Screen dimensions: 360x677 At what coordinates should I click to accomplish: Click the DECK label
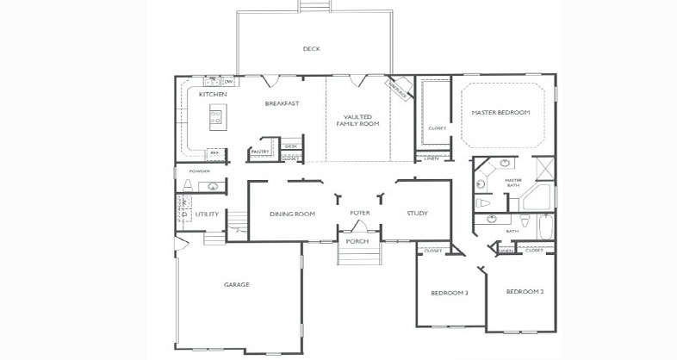click(311, 49)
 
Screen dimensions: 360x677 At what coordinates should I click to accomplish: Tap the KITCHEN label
click(213, 94)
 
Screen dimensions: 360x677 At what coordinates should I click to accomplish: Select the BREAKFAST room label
click(282, 104)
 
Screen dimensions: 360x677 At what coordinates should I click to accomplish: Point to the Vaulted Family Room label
click(357, 120)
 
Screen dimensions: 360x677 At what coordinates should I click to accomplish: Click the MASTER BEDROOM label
click(500, 113)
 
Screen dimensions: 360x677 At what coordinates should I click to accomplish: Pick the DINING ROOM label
click(292, 214)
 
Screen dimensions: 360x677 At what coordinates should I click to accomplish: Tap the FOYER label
click(360, 212)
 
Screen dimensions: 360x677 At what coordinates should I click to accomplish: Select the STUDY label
click(417, 214)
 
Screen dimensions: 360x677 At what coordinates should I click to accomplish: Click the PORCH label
click(357, 241)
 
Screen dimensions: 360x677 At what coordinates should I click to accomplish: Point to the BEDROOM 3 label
click(450, 293)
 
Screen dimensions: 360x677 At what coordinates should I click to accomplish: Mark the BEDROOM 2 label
click(525, 292)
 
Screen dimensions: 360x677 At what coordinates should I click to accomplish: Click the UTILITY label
click(207, 214)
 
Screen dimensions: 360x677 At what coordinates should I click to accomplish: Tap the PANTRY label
click(260, 152)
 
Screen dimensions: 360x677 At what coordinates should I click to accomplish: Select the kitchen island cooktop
click(215, 117)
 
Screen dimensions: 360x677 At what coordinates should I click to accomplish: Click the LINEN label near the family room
click(431, 158)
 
